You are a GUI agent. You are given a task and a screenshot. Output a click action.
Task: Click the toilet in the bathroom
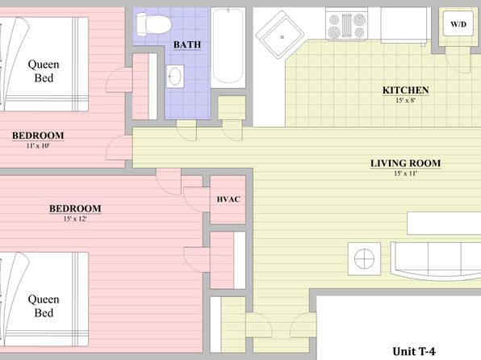pyautogui.click(x=153, y=23)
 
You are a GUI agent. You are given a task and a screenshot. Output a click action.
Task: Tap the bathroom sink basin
pyautogui.click(x=175, y=76)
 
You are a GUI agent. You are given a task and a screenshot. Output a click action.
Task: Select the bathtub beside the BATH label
pyautogui.click(x=228, y=48)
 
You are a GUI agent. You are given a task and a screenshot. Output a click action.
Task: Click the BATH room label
pyautogui.click(x=187, y=45)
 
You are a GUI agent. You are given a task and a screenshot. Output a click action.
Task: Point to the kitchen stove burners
pyautogui.click(x=347, y=26)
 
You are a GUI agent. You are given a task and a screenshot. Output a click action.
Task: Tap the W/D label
pyautogui.click(x=458, y=24)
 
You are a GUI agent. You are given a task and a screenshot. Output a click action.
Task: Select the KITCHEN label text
pyautogui.click(x=405, y=90)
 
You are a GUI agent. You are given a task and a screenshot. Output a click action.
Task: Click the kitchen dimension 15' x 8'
pyautogui.click(x=405, y=100)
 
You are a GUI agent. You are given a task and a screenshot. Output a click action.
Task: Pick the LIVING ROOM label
pyautogui.click(x=405, y=163)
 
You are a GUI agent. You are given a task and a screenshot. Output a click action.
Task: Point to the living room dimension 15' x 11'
pyautogui.click(x=405, y=174)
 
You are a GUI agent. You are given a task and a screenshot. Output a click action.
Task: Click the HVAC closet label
pyautogui.click(x=228, y=199)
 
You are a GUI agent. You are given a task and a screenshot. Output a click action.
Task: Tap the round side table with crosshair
pyautogui.click(x=365, y=259)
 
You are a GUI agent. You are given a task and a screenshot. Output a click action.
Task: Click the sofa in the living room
pyautogui.click(x=436, y=261)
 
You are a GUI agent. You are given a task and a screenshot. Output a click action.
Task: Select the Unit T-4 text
pyautogui.click(x=414, y=351)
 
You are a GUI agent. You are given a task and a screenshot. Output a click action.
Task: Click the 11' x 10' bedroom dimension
pyautogui.click(x=38, y=146)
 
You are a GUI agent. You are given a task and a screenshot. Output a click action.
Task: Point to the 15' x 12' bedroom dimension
pyautogui.click(x=75, y=219)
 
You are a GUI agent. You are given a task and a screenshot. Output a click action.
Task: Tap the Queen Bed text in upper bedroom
pyautogui.click(x=44, y=71)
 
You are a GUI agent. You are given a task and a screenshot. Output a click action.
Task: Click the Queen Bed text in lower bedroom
pyautogui.click(x=44, y=306)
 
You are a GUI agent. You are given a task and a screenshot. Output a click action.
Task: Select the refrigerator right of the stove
pyautogui.click(x=404, y=25)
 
